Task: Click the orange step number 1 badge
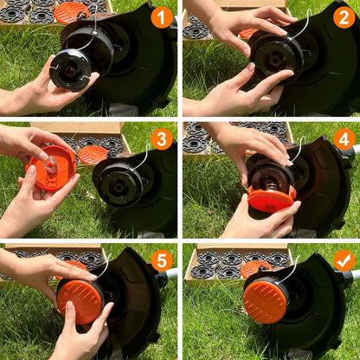click(161, 16)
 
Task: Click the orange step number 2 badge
click(344, 16)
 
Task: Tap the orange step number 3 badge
click(161, 138)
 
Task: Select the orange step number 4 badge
click(344, 138)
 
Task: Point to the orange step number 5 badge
click(161, 260)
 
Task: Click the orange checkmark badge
click(344, 260)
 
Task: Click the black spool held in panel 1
click(70, 69)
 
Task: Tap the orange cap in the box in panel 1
click(70, 11)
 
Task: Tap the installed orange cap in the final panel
click(265, 300)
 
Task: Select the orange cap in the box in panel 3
click(92, 154)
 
